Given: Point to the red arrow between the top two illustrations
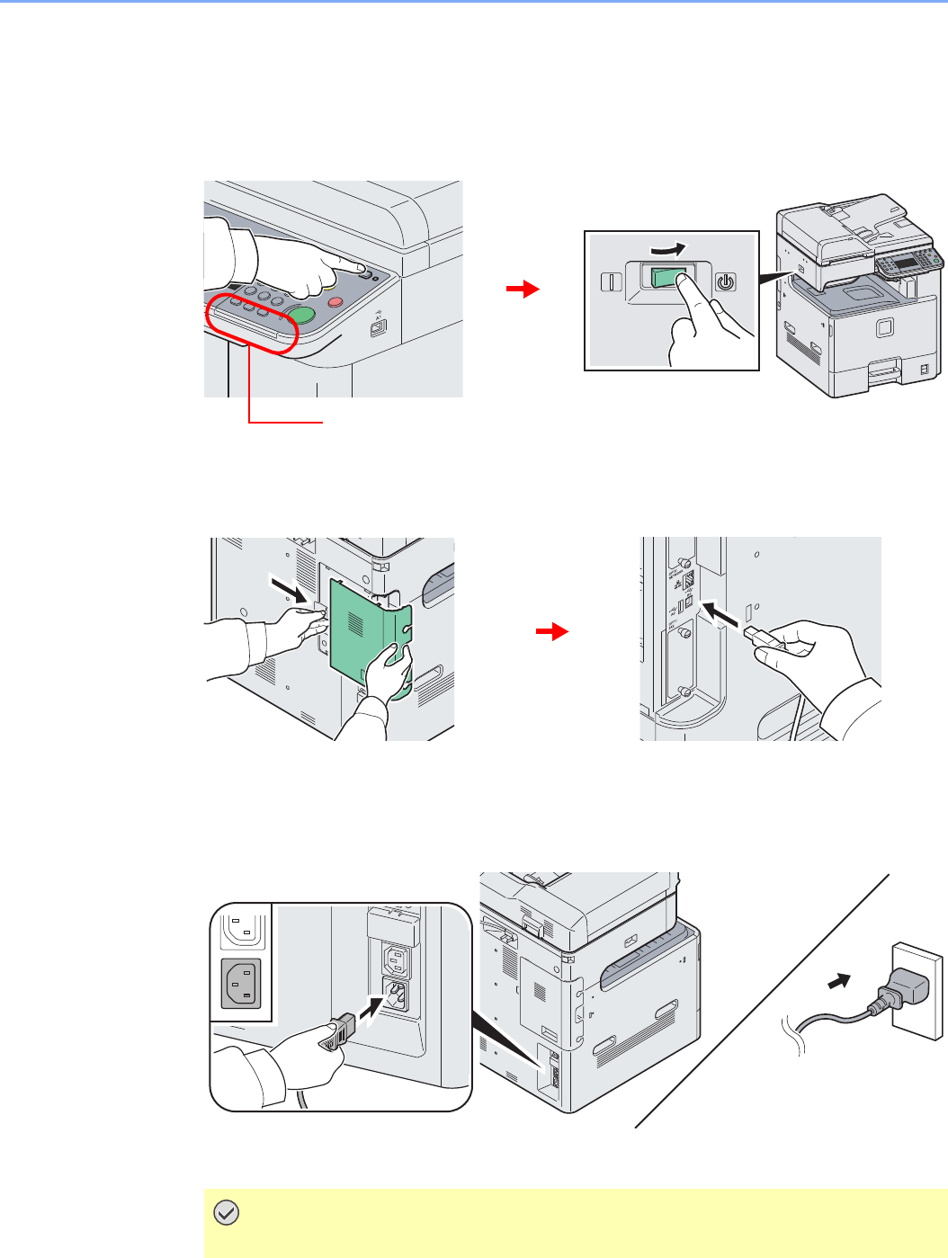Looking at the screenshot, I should pos(522,290).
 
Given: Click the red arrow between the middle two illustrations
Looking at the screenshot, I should pos(551,633).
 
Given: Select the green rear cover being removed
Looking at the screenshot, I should pos(360,625).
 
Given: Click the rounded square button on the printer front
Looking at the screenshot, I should pos(882,330).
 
